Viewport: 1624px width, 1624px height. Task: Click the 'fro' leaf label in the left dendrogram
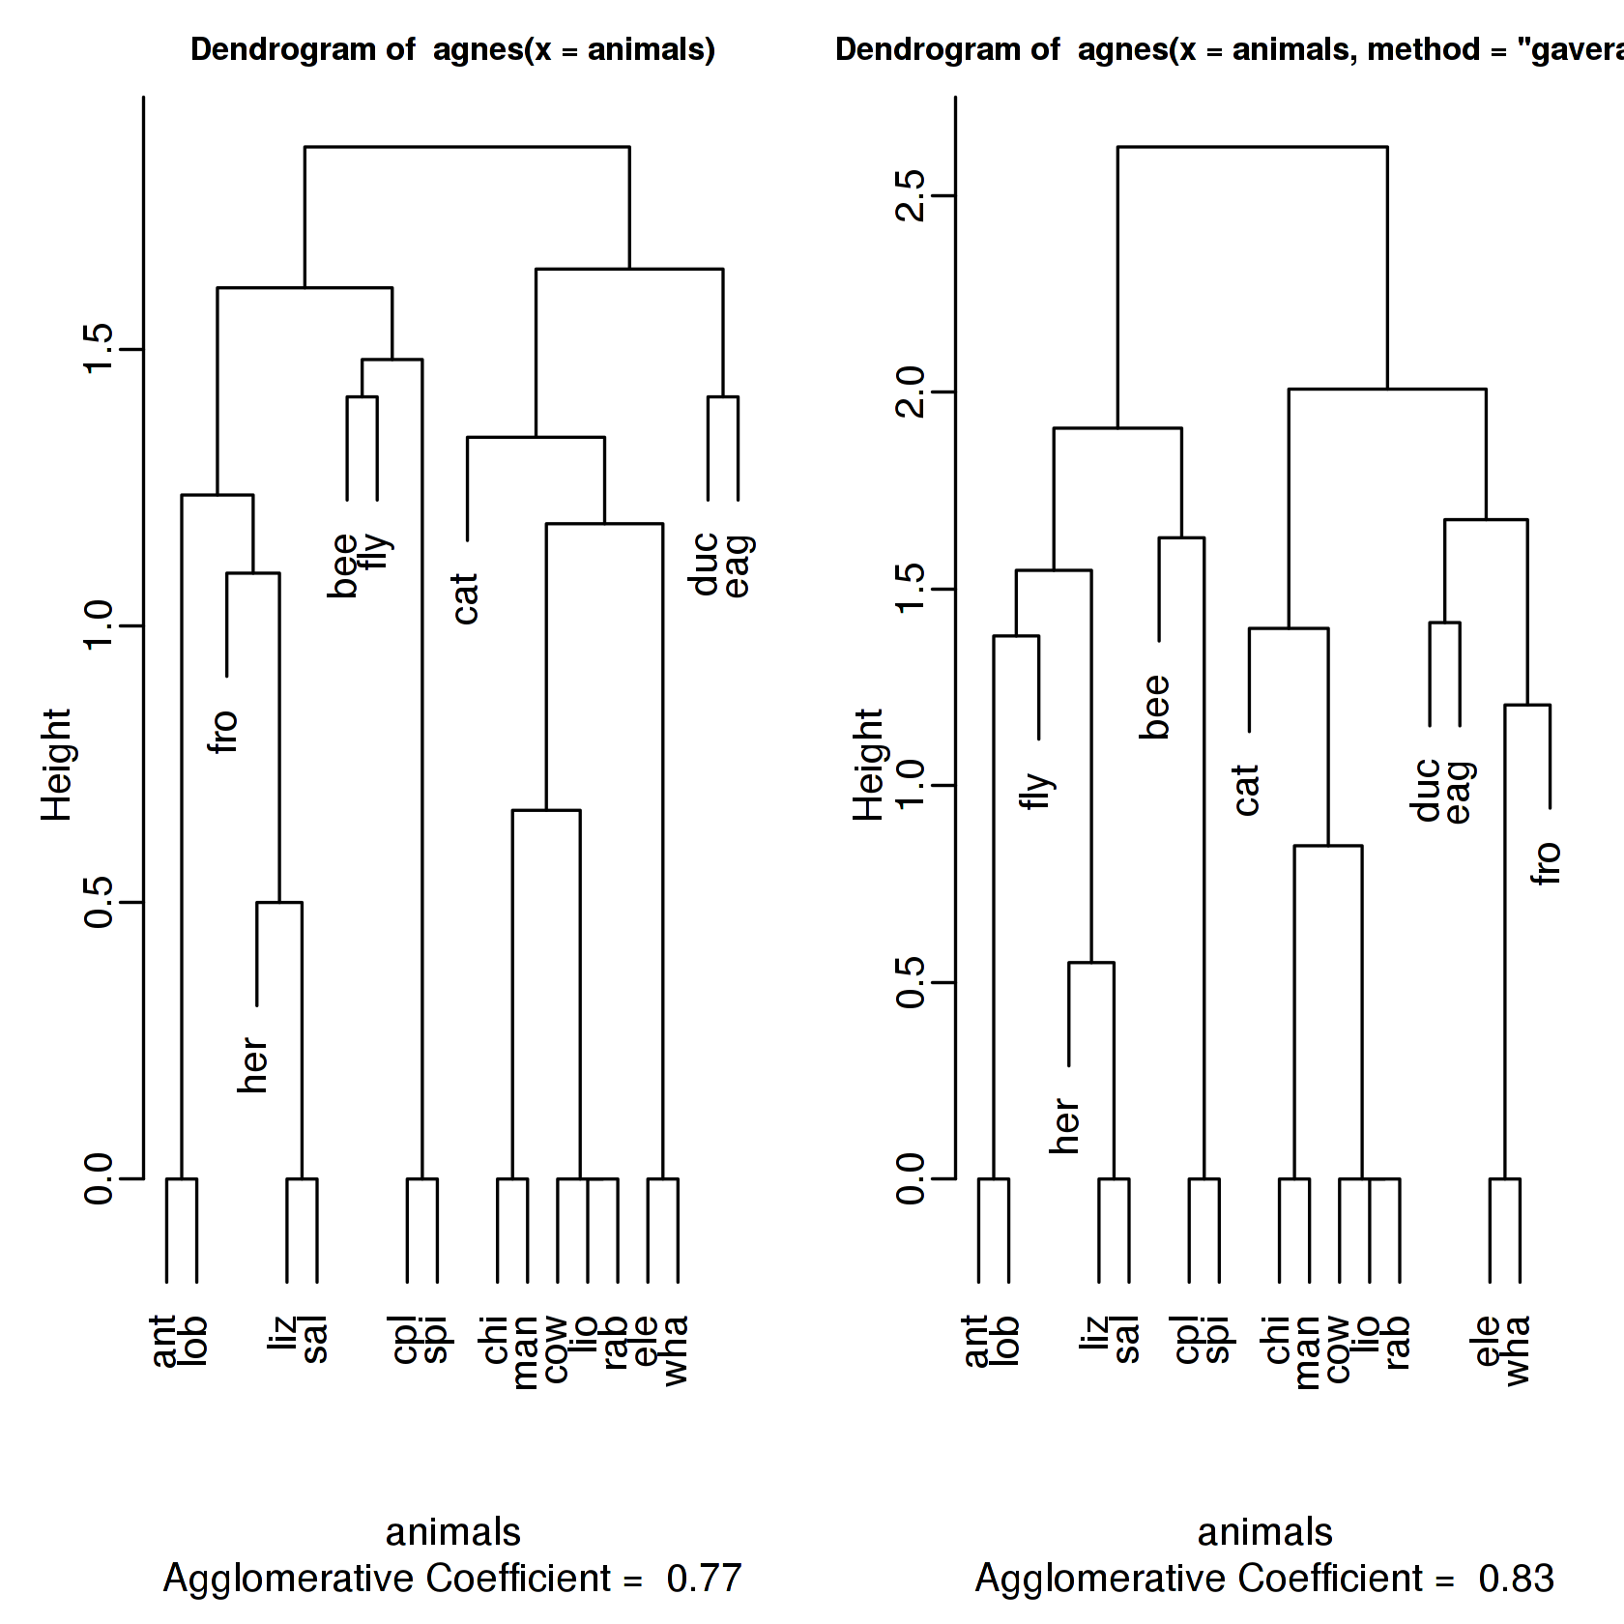224,732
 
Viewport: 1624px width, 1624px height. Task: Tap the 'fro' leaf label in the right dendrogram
1548,863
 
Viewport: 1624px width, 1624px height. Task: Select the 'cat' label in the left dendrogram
466,598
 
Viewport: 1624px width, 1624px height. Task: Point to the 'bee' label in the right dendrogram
1156,708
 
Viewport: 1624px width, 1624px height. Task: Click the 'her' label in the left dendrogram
253,1065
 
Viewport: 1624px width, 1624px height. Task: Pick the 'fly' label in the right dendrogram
1037,791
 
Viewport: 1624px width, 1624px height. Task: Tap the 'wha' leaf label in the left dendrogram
676,1350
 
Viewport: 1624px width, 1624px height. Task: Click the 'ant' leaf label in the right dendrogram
976,1342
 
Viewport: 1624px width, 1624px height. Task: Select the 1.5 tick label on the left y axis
100,349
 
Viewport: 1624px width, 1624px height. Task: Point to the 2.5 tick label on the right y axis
912,196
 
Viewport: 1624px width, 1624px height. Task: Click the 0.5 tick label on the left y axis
100,902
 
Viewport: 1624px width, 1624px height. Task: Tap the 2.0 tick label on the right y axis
912,392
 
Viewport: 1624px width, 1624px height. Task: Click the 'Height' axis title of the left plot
57,765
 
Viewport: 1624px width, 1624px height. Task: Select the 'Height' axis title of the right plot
869,765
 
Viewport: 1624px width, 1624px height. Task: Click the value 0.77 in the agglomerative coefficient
704,1579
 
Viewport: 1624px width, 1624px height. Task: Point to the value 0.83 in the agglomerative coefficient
1516,1579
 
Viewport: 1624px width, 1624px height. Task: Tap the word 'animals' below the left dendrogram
452,1532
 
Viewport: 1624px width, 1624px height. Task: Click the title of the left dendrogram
452,49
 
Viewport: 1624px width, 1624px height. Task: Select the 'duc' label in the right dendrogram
1428,791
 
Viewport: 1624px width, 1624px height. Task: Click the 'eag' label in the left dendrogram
739,566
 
